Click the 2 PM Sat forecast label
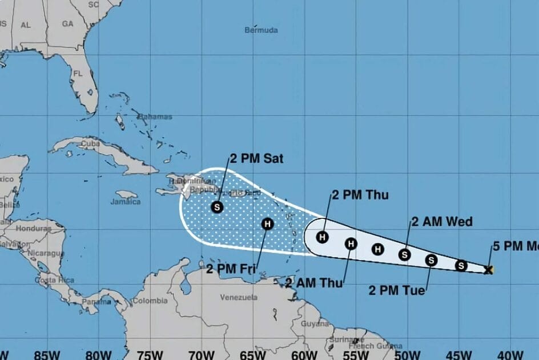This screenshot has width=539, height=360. [256, 159]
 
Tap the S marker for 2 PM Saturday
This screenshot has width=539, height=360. [217, 207]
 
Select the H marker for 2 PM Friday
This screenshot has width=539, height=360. [267, 224]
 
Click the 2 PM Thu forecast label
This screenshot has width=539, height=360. [360, 195]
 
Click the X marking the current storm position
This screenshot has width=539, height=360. [488, 270]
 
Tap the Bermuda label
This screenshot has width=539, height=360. [261, 30]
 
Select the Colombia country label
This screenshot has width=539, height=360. [151, 301]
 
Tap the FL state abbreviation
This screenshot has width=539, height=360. [79, 74]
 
